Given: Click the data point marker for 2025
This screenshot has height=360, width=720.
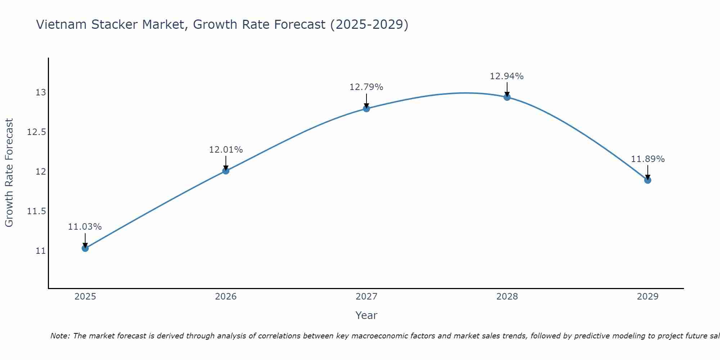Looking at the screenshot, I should click(85, 248).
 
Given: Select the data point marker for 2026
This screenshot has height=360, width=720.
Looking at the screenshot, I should click(226, 171).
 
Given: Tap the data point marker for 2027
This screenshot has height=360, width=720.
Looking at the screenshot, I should click(366, 108).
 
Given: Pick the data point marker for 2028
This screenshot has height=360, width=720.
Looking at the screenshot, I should click(507, 97).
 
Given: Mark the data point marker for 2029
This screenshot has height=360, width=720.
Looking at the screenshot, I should click(648, 180).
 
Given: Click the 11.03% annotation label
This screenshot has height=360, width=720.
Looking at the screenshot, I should click(85, 227).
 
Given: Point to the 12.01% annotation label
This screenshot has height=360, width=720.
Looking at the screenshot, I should click(226, 150).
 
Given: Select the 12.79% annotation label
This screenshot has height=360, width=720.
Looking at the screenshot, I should click(366, 87).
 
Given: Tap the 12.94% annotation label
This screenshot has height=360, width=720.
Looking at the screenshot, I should click(507, 76).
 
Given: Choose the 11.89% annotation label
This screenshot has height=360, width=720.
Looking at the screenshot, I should click(648, 159).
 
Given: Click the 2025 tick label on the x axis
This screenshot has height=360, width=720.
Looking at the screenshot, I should click(85, 297).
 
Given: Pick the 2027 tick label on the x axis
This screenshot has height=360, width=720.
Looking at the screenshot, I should click(366, 297).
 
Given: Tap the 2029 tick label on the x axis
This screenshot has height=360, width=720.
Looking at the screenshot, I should click(648, 297).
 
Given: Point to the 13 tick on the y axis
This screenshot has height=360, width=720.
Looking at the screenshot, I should click(41, 93).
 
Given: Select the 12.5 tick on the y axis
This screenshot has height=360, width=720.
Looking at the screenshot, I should click(37, 132).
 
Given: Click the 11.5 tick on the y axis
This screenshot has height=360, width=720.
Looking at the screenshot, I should click(37, 211).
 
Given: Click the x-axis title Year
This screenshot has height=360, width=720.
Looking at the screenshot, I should click(366, 315).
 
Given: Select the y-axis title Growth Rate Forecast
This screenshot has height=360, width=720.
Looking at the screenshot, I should click(9, 173).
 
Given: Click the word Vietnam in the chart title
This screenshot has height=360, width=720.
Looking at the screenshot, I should click(61, 24).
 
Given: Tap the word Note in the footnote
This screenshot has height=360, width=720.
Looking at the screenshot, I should click(60, 336).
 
